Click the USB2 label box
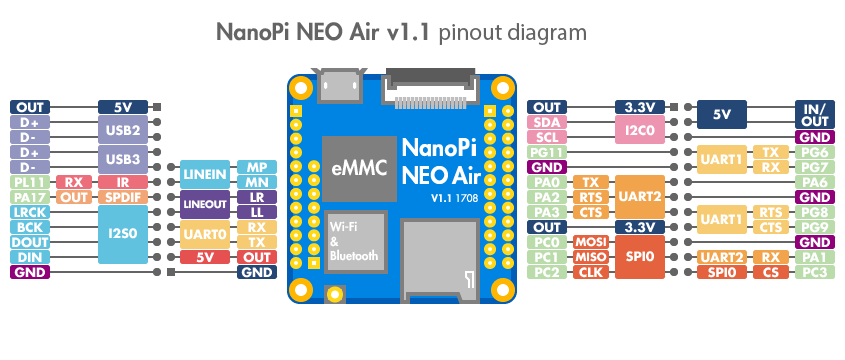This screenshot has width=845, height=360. tap(123, 129)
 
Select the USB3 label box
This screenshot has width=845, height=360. tap(123, 159)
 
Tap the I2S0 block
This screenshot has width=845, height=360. tap(123, 235)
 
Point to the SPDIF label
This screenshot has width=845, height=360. tap(123, 198)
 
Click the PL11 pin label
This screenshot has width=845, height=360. tap(27, 182)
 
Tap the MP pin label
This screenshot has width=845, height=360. tap(257, 167)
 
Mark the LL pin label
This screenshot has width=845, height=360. tap(257, 212)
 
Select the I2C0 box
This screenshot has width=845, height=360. tap(639, 129)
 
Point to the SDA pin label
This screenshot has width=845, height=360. tap(547, 122)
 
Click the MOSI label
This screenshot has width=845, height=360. tap(592, 243)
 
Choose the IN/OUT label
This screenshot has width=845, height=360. tap(813, 114)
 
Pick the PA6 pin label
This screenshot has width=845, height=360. tap(813, 182)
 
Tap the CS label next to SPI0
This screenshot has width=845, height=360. tap(770, 273)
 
